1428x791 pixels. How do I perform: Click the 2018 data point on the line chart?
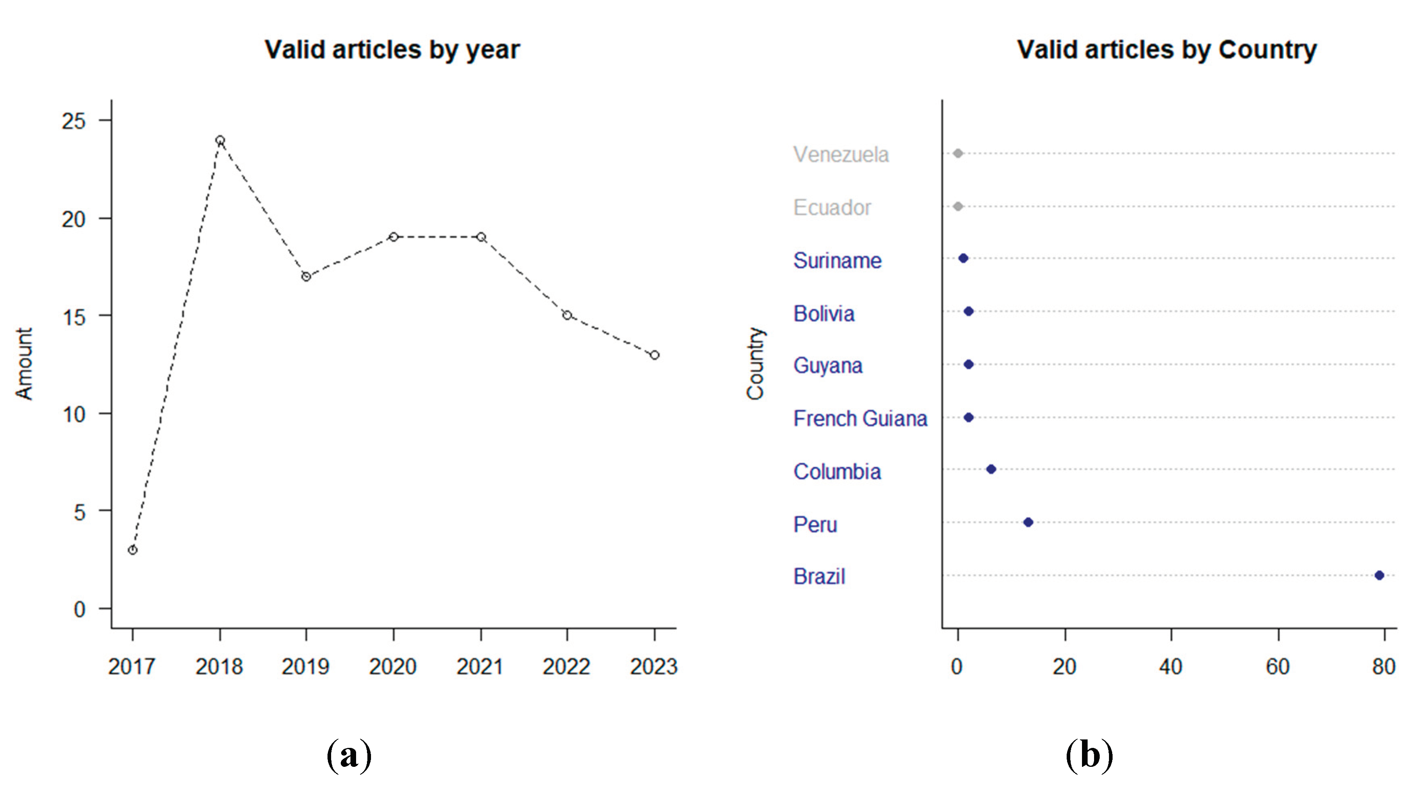(220, 140)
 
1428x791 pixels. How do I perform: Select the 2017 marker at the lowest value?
(133, 550)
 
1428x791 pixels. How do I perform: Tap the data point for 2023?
(654, 355)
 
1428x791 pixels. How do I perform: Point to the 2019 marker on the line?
(306, 276)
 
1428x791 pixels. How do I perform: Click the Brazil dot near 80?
(1379, 575)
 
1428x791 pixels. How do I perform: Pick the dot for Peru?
(1028, 522)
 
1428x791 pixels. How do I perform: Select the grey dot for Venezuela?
(958, 153)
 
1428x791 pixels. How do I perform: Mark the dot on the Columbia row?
(991, 469)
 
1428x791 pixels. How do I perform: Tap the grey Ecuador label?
(831, 208)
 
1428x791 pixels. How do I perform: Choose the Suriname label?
(837, 260)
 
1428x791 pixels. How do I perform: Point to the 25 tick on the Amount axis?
(74, 121)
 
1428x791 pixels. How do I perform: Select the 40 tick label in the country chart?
(1170, 666)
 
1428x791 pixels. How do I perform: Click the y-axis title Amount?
(24, 363)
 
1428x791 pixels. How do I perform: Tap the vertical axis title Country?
(755, 363)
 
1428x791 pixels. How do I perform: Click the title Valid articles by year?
(392, 50)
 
